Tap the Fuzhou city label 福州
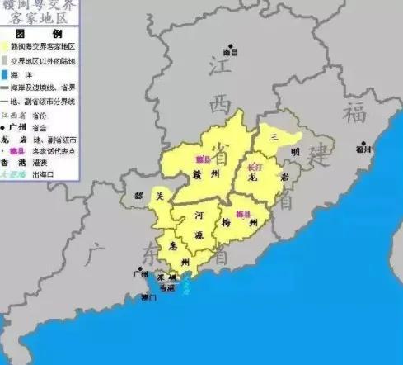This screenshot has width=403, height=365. [x=363, y=150]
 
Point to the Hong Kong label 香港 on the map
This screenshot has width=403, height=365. [x=167, y=289]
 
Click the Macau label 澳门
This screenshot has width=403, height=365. [x=148, y=296]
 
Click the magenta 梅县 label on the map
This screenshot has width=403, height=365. [x=242, y=215]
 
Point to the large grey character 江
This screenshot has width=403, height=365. [x=220, y=68]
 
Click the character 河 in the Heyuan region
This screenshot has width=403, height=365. [x=199, y=214]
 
